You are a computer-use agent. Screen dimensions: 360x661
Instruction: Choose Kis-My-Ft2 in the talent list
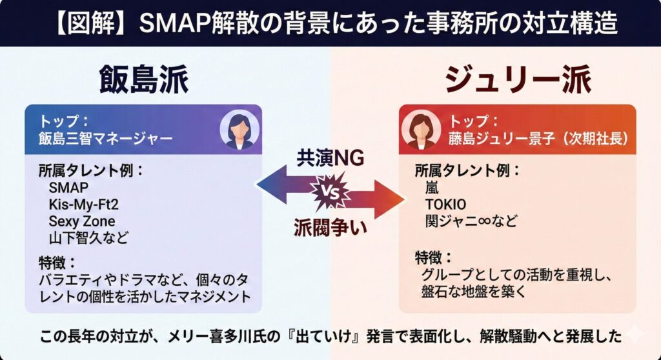(84, 205)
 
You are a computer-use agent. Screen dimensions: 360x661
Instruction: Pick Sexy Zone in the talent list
(82, 221)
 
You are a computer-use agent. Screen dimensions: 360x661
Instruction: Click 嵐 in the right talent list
(432, 188)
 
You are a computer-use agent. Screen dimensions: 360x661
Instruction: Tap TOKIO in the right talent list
(445, 205)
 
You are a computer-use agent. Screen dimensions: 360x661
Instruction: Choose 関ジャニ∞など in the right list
(471, 221)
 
